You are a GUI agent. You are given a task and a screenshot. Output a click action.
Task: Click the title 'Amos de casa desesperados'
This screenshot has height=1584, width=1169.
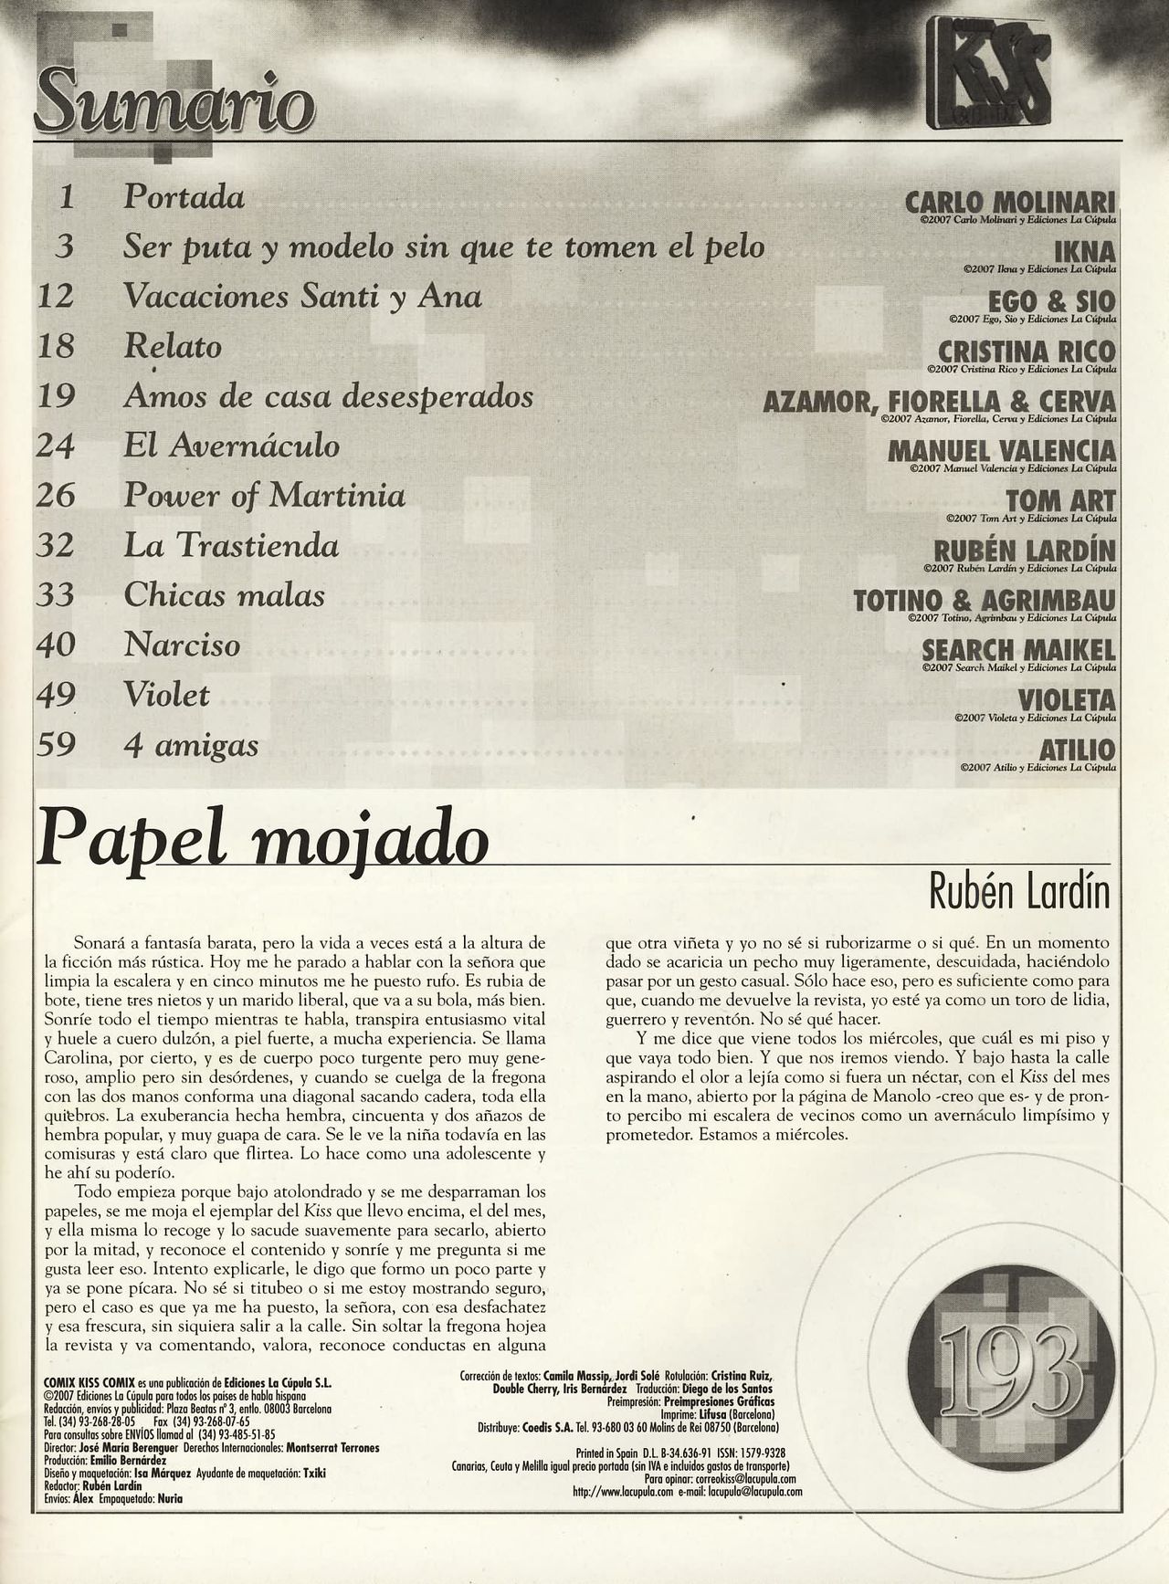[x=328, y=396]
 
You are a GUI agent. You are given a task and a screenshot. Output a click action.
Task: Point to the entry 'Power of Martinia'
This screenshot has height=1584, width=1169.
[x=264, y=496]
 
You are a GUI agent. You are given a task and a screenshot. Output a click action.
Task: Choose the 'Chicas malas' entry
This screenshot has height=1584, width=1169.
[x=224, y=595]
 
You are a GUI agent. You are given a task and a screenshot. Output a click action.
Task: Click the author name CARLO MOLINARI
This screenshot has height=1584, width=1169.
[x=1010, y=201]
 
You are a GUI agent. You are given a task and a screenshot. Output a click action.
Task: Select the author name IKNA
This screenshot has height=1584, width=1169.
[x=1085, y=251]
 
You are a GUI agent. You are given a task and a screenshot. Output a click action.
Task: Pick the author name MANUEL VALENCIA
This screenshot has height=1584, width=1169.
[x=1001, y=451]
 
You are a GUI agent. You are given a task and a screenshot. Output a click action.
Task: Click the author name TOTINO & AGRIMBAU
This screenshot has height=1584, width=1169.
[x=985, y=601]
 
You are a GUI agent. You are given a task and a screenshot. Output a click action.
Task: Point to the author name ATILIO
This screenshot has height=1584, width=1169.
[x=1078, y=750]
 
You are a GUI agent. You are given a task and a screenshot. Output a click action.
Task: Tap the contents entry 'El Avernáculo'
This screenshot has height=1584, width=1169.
[x=231, y=446]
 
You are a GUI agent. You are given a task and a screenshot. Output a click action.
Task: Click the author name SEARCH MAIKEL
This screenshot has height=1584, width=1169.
[x=1018, y=650]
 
